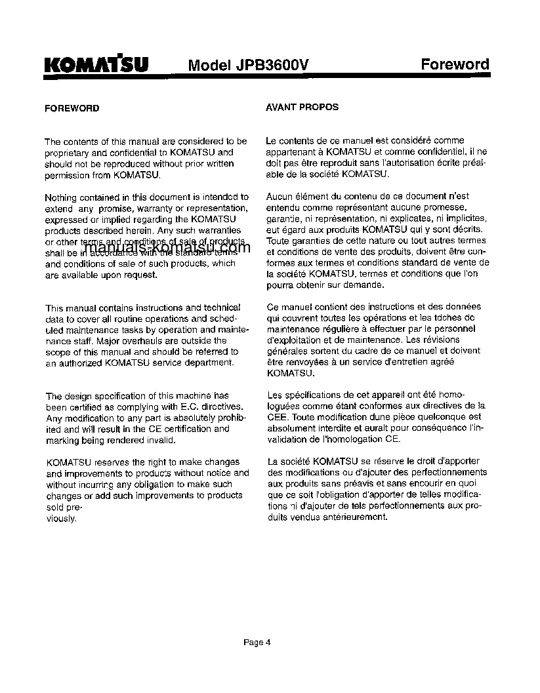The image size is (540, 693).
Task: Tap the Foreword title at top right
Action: pyautogui.click(x=455, y=64)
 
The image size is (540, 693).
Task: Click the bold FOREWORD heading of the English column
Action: pyautogui.click(x=72, y=108)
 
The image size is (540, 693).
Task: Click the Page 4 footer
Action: pyautogui.click(x=257, y=643)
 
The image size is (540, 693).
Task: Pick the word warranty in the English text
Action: pyautogui.click(x=147, y=208)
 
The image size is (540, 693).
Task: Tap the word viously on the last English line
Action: pyautogui.click(x=60, y=518)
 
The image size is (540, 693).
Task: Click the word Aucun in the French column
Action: pyautogui.click(x=279, y=196)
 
